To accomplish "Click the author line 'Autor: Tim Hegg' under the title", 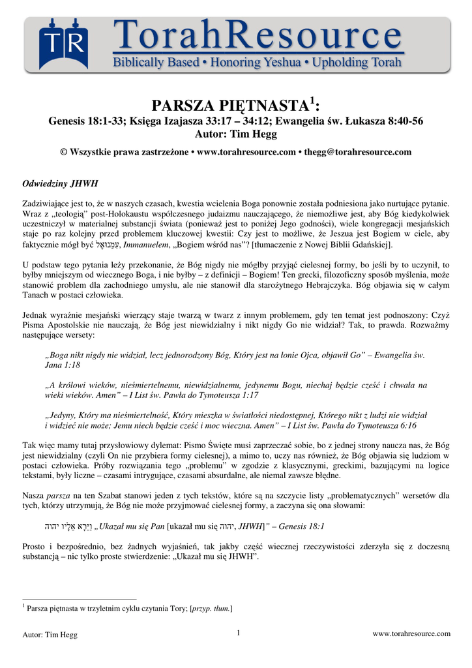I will coord(236,134).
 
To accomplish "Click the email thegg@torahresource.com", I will coord(358,152).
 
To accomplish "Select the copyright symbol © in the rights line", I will coord(64,152).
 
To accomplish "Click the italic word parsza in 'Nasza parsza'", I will coord(58,496).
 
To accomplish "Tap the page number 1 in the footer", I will coord(239,633).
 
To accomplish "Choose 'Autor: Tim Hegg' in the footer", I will coord(50,634).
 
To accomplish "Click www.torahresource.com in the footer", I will coord(411,633).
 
